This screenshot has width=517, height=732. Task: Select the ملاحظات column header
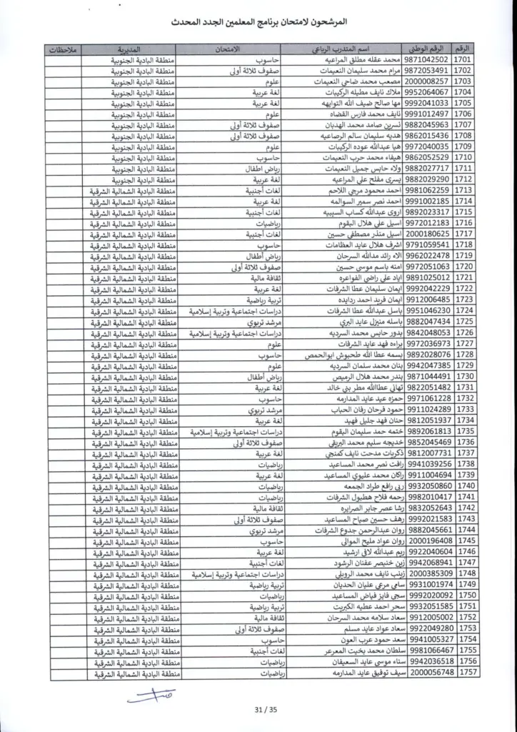point(66,49)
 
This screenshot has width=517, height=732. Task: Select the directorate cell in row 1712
point(129,179)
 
